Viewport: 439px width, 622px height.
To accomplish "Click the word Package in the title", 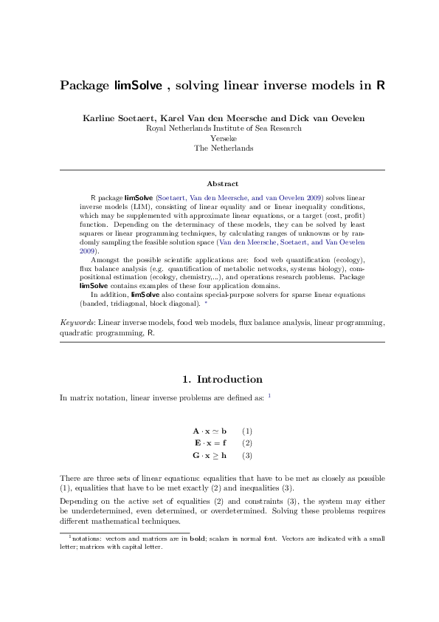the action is tap(85, 85).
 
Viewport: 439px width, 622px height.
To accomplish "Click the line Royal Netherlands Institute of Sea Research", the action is tap(224, 128).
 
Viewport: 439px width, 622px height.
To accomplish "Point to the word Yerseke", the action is tap(224, 138).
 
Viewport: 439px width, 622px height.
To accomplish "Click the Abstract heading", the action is tap(222, 183).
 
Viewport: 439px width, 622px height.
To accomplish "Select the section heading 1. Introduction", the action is tap(222, 380).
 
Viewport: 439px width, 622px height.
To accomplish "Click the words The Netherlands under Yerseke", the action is tap(224, 148).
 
